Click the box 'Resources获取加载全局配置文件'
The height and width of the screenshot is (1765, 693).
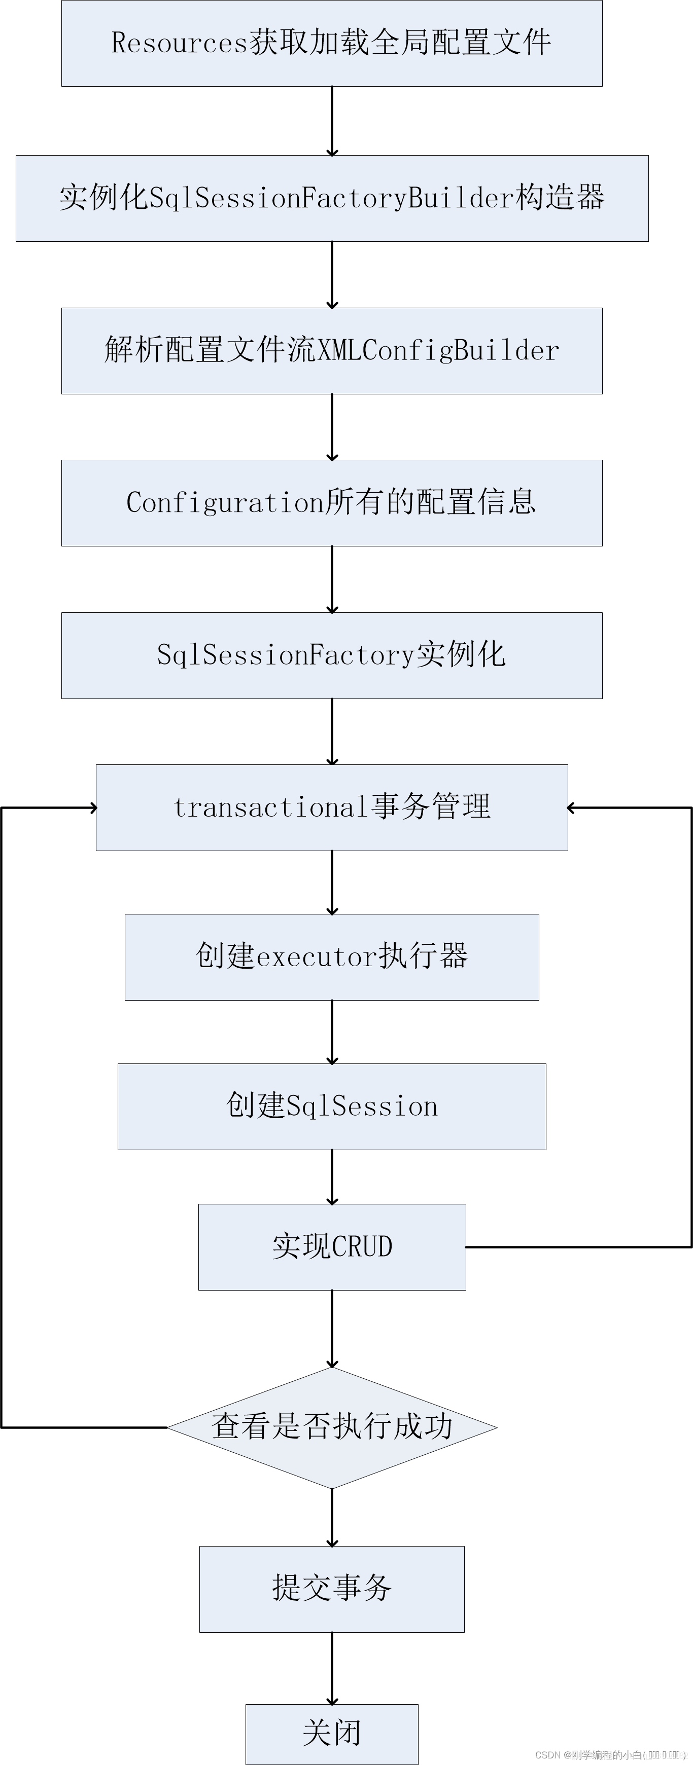(x=332, y=43)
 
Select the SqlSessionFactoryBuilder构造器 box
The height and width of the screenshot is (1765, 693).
(x=332, y=198)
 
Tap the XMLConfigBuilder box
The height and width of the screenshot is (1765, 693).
(x=332, y=351)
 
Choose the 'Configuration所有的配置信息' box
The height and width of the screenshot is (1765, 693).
(x=332, y=503)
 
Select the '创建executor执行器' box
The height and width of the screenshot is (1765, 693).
(x=332, y=957)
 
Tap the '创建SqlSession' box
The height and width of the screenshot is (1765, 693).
(x=332, y=1107)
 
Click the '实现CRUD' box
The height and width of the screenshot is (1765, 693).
(x=332, y=1247)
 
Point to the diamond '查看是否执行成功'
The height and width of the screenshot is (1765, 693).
(x=332, y=1427)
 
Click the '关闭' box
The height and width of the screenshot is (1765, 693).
(x=332, y=1734)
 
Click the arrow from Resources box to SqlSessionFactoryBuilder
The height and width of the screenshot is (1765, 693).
(x=332, y=121)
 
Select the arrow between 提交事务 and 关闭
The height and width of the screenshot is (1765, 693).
(x=332, y=1668)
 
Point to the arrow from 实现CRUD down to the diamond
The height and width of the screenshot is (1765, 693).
(x=332, y=1329)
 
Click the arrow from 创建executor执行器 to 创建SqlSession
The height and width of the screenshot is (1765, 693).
(x=332, y=1031)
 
